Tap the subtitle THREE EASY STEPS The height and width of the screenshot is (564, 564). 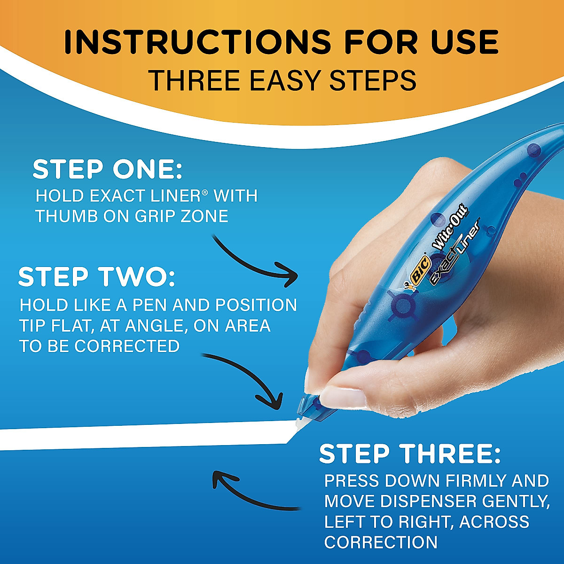282,79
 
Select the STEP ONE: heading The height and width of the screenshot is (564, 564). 107,170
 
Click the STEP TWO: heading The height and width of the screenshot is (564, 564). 96,277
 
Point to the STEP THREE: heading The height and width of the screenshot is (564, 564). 410,454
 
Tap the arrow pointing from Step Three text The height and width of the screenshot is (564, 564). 249,493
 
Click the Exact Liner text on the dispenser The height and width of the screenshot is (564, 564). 455,253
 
